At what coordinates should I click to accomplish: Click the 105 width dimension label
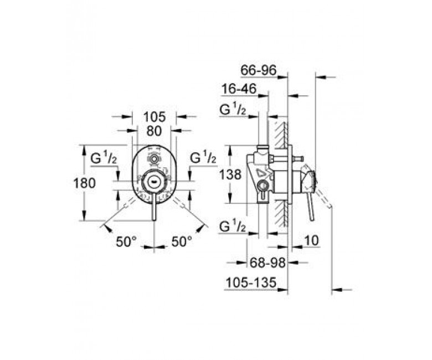point(155,117)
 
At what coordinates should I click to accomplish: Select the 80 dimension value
point(154,131)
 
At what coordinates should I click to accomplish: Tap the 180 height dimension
point(85,183)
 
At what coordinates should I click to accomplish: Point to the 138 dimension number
point(230,174)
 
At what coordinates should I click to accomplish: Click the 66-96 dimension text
point(258,70)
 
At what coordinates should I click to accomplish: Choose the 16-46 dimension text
point(239,89)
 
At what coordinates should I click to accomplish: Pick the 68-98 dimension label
point(268,263)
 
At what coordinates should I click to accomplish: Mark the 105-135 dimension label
point(251,282)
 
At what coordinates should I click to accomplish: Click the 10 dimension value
point(311,240)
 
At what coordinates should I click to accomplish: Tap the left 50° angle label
point(126,242)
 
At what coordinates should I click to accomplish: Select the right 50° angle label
point(182,242)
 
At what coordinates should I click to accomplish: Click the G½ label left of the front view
point(104,158)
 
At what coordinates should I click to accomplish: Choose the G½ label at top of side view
point(233,110)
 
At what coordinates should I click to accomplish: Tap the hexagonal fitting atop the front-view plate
point(154,158)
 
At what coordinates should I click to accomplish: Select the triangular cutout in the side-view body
point(260,173)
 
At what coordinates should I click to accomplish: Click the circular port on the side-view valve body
point(263,186)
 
